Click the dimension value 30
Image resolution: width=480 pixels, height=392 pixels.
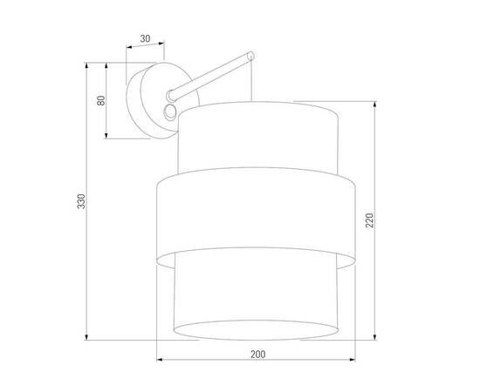(x=145, y=38)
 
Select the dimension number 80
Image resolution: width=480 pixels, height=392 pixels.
(x=100, y=100)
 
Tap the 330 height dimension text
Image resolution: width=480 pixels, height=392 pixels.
(x=81, y=202)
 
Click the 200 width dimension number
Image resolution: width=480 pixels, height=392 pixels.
(x=257, y=354)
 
